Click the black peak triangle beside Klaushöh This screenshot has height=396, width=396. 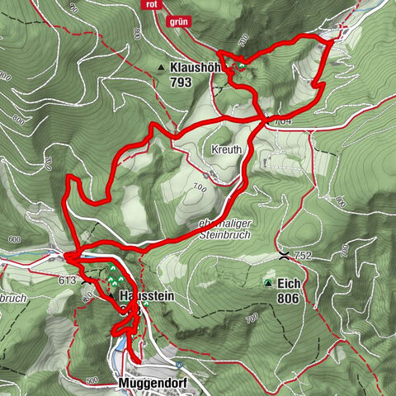tap(158, 68)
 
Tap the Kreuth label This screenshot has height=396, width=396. tap(225, 150)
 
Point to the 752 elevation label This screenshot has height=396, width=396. tap(302, 257)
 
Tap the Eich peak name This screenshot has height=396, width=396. tap(288, 283)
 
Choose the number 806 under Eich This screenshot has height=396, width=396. tap(288, 298)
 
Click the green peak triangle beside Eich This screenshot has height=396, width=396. tap(267, 284)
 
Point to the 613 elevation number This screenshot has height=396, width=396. tap(67, 280)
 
